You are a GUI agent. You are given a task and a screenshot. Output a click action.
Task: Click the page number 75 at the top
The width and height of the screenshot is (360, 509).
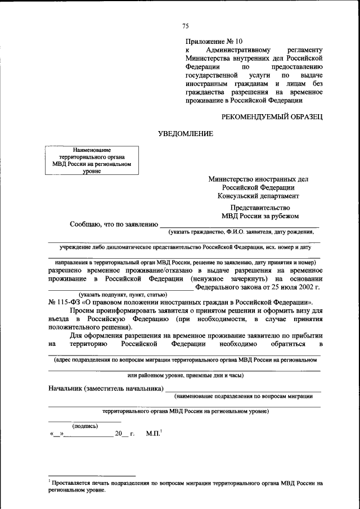coord(186,26)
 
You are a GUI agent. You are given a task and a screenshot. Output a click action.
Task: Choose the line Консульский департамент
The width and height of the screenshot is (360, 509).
coord(258,196)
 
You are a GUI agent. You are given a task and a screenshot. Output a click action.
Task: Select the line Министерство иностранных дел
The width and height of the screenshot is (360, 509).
coord(258,179)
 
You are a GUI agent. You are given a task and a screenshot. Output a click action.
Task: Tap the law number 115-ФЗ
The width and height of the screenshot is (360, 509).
coord(67,301)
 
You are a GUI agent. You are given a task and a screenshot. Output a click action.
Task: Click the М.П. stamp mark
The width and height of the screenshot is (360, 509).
coord(153,434)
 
